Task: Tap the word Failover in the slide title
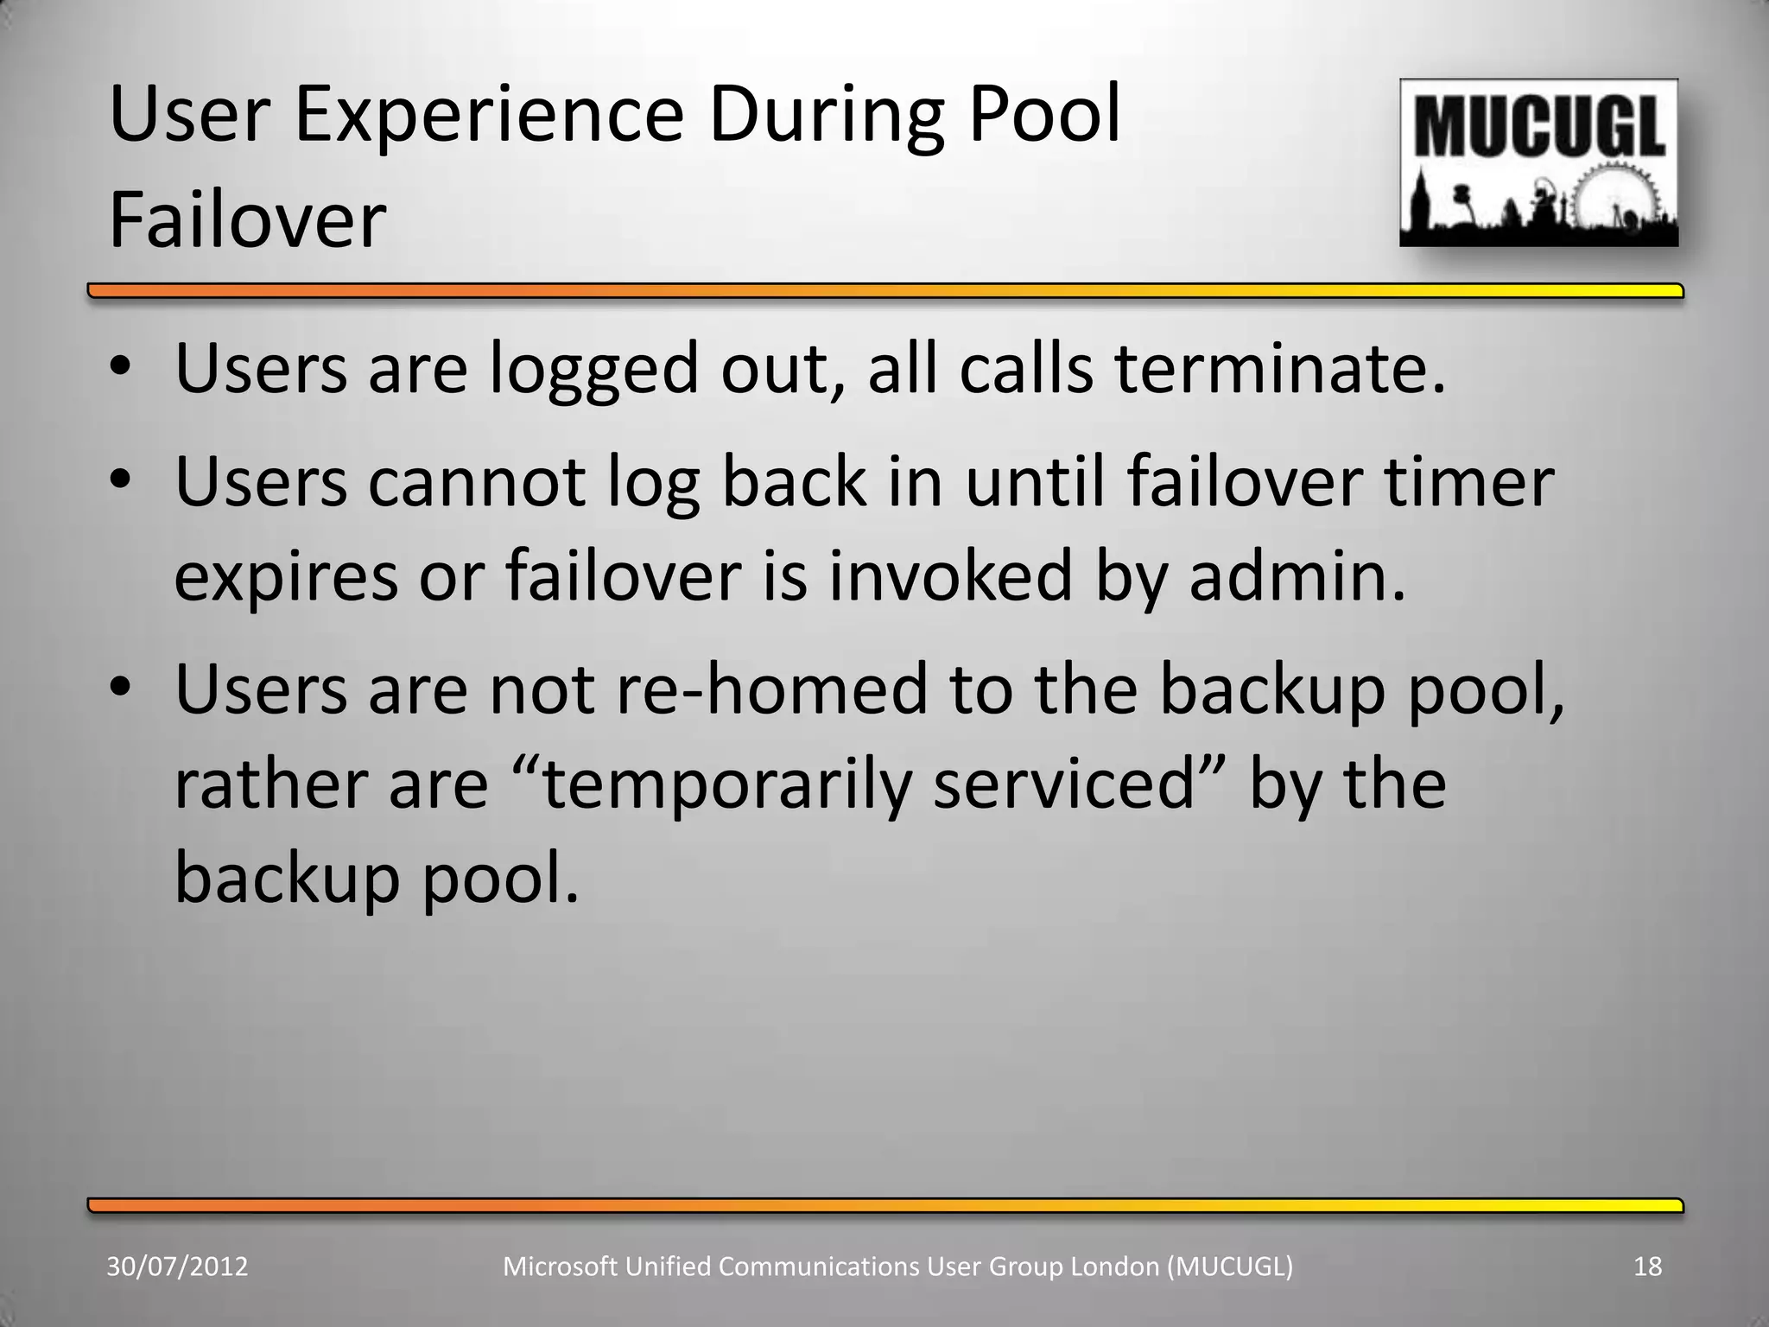[x=247, y=220]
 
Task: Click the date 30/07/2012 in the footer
[x=177, y=1267]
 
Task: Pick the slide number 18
[x=1648, y=1267]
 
